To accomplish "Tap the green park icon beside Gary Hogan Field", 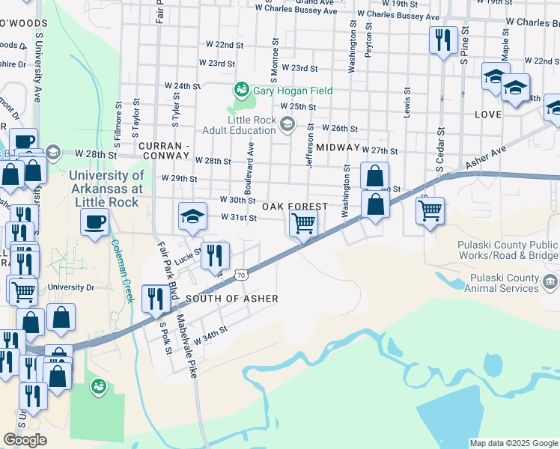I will click(x=241, y=91).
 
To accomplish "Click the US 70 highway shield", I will click(x=240, y=275).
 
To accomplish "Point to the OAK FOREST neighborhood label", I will click(x=294, y=207).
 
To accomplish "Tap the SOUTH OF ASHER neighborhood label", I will click(x=231, y=299).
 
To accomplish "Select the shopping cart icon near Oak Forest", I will click(x=303, y=222).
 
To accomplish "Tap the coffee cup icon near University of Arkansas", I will click(x=95, y=222).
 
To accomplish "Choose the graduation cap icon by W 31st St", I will click(x=192, y=216).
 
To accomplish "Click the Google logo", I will click(x=25, y=440).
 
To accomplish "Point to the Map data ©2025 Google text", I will click(x=513, y=443).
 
